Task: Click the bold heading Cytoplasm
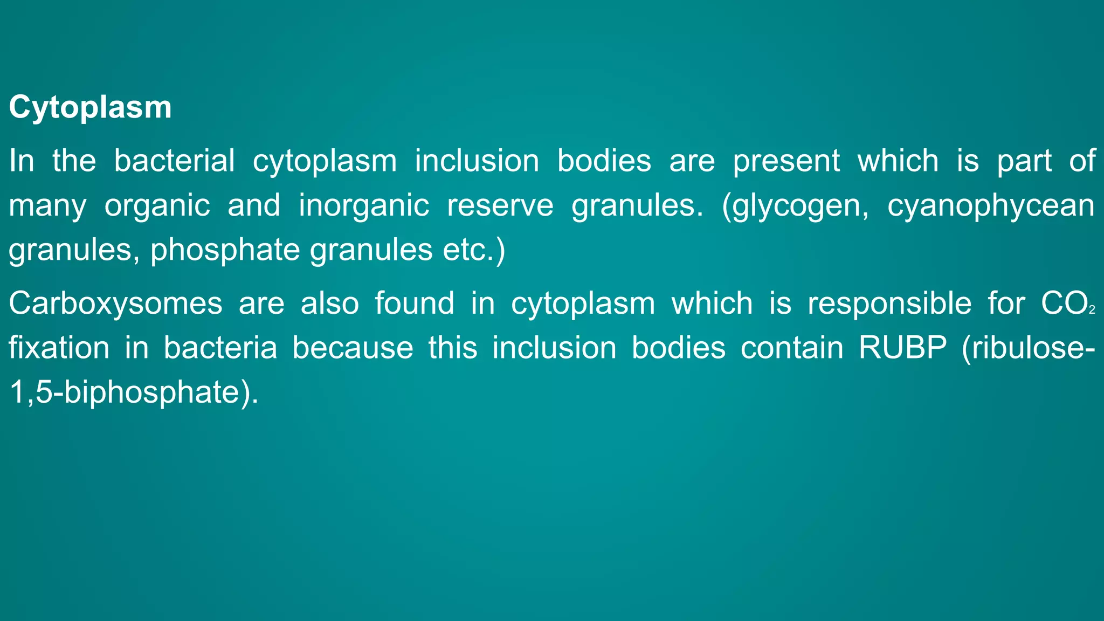coord(90,108)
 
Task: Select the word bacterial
coord(174,161)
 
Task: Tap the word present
coord(786,161)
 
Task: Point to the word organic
coord(157,206)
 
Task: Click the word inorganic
coord(364,206)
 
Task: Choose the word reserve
coord(500,206)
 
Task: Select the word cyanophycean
coord(991,206)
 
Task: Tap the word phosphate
coord(225,250)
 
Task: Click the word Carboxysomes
coord(115,303)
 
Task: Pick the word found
coord(415,303)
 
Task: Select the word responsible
coord(889,303)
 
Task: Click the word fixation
coord(59,348)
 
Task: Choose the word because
coord(353,348)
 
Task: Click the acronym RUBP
coord(902,348)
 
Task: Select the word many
coord(47,206)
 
